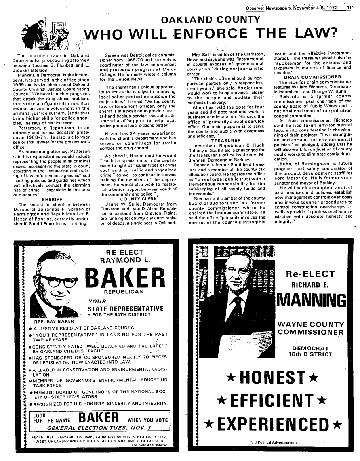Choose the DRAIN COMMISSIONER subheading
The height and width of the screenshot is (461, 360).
[312, 77]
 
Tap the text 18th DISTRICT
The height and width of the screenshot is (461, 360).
[310, 354]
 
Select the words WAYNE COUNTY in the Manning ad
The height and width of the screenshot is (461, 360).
[310, 324]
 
